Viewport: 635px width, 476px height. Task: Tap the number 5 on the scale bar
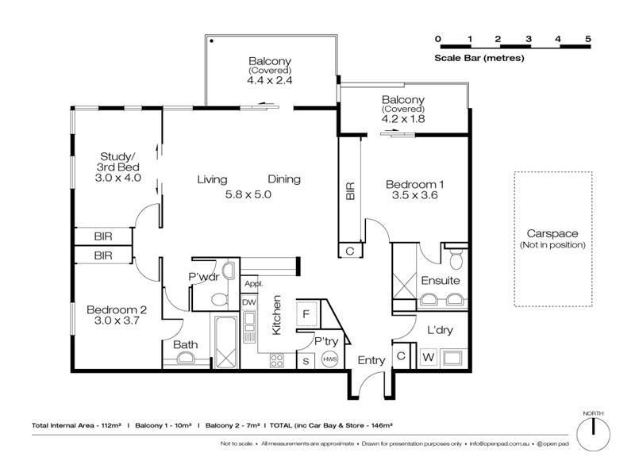(588, 39)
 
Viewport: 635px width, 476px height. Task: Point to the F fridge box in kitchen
(306, 313)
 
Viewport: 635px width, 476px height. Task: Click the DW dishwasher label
(249, 302)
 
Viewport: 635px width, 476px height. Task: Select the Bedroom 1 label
(414, 186)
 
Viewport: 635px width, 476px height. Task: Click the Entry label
(371, 361)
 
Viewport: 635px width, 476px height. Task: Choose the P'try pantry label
(327, 341)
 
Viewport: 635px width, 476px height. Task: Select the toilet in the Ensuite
(455, 260)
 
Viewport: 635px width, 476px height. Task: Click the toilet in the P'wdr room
(222, 299)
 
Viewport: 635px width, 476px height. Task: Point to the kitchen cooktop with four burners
(277, 359)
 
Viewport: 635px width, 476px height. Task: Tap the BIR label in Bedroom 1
(350, 191)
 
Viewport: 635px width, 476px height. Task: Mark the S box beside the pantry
(305, 361)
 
